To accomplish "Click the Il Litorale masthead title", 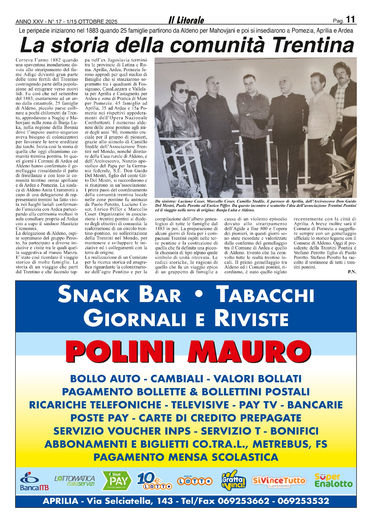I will (186, 20).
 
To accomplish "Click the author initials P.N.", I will (352, 272).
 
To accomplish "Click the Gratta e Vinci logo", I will (234, 480).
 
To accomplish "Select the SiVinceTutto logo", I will (279, 481).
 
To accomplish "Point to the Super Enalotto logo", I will (333, 480).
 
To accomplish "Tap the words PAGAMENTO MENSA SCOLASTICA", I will (186, 457).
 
